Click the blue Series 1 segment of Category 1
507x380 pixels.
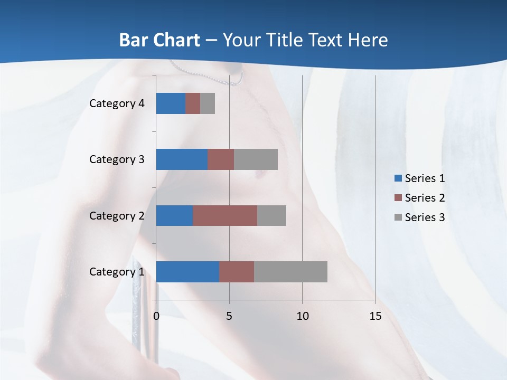[x=187, y=272]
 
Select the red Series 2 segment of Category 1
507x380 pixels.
[x=237, y=272]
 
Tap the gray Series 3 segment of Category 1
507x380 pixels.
[x=290, y=272]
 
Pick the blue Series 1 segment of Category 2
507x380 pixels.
[x=174, y=215]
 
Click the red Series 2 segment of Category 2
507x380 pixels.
[x=225, y=215]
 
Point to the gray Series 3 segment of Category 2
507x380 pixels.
[x=271, y=215]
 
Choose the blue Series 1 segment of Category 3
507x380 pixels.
[x=182, y=159]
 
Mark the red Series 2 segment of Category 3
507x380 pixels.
[x=221, y=159]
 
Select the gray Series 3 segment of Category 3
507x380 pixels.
[x=256, y=159]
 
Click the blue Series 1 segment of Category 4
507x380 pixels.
[x=171, y=103]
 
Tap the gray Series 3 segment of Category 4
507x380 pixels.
[x=208, y=103]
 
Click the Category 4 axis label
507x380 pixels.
[x=117, y=103]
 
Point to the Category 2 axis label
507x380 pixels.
[x=117, y=216]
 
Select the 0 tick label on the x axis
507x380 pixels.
[x=156, y=316]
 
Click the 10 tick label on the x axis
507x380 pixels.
[x=302, y=316]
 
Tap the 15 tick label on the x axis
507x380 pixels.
[x=375, y=316]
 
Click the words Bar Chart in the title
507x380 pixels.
[x=159, y=40]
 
